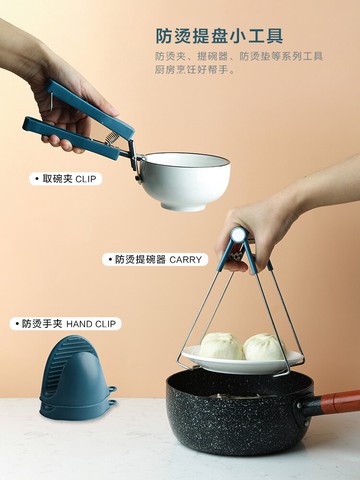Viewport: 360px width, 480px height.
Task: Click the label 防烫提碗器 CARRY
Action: [x=155, y=259]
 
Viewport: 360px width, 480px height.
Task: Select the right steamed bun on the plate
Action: [x=265, y=347]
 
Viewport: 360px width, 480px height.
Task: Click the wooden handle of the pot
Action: [x=340, y=403]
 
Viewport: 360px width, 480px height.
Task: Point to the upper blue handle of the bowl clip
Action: [x=80, y=100]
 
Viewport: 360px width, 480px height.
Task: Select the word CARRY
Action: [x=186, y=259]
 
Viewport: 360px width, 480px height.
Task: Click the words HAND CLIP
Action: [x=92, y=324]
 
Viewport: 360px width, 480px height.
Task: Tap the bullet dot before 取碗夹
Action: [x=33, y=179]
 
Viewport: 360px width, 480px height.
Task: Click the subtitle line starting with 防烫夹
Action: [x=238, y=56]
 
